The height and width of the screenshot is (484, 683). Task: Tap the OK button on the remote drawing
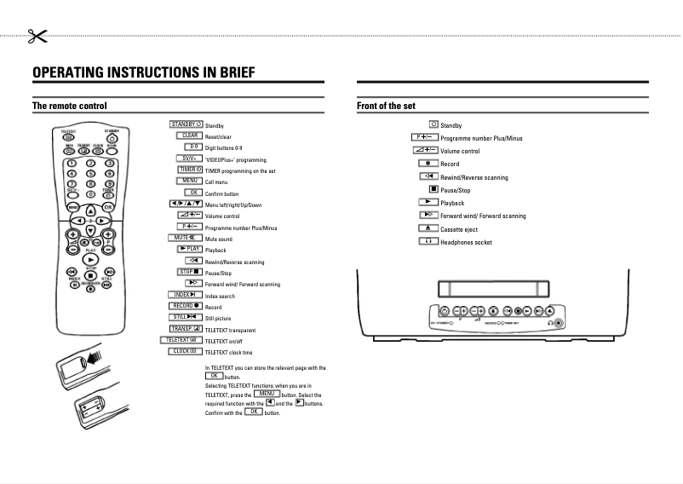click(x=109, y=207)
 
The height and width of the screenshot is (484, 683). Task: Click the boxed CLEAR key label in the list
click(x=189, y=135)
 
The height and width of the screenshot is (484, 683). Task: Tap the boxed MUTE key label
click(x=186, y=238)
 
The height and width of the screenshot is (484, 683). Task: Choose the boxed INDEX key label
click(x=186, y=295)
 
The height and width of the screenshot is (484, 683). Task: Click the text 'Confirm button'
click(x=221, y=193)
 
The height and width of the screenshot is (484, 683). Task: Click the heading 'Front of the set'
click(x=385, y=107)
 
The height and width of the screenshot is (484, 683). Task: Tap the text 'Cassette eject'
click(x=464, y=230)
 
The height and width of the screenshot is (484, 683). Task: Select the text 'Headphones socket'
click(x=466, y=243)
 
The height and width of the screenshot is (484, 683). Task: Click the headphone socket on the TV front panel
click(x=558, y=323)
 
